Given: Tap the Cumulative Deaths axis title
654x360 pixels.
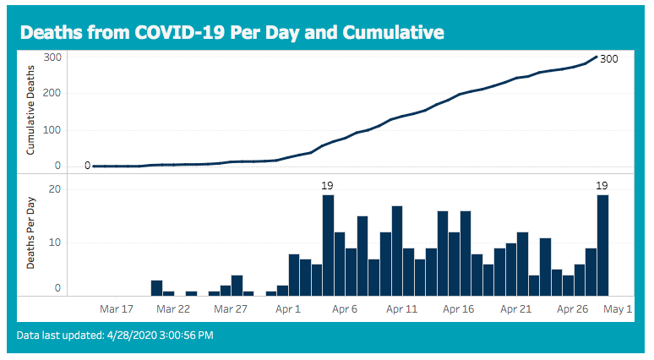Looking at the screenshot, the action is tap(30, 110).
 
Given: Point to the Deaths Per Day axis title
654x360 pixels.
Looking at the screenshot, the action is tap(30, 232).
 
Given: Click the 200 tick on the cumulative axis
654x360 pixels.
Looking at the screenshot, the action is tap(52, 93).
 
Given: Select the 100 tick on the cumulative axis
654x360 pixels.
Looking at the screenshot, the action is tap(52, 130).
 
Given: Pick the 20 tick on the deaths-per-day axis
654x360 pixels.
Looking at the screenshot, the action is tap(55, 189).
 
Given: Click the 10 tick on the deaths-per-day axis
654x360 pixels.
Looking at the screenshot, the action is tap(55, 243).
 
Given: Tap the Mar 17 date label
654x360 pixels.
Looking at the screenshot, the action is tap(117, 309).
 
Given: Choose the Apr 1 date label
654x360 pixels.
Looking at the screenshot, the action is tap(288, 309).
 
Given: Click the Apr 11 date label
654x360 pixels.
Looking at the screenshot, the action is tap(401, 309).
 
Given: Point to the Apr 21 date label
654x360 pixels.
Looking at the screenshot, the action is tap(516, 309).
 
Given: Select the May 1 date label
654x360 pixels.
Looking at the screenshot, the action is tap(618, 309).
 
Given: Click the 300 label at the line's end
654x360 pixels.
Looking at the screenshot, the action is tap(609, 59).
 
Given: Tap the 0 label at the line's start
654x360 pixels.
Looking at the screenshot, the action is tap(88, 166).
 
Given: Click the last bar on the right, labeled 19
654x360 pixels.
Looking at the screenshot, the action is tap(602, 246).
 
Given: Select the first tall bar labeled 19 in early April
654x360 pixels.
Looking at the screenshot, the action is tap(328, 246).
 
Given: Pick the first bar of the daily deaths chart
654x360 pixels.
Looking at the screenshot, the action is tap(157, 288).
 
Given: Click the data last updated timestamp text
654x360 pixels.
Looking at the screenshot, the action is tap(115, 335).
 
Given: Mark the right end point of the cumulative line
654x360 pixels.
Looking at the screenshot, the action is tap(597, 57).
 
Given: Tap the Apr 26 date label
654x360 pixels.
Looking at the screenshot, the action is tap(573, 309).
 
